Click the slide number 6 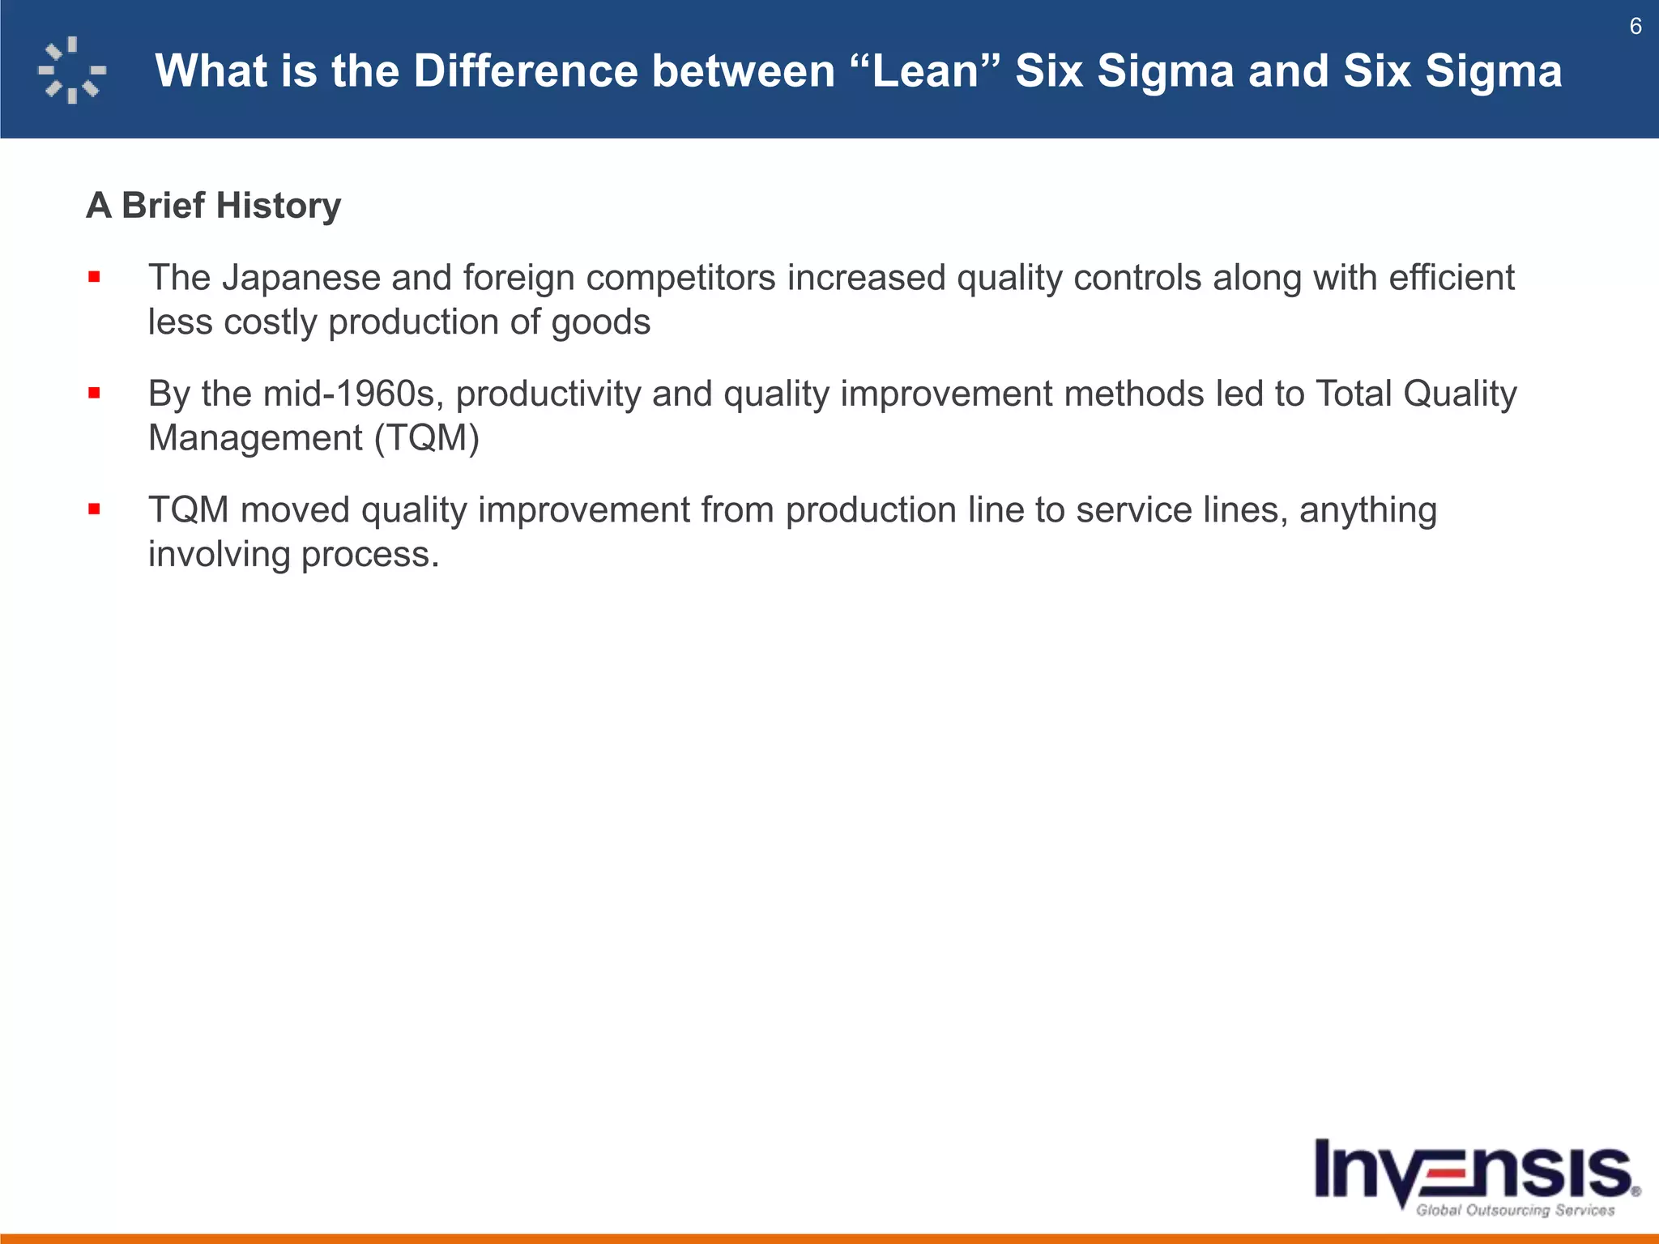[x=1635, y=27]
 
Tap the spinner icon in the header [x=71, y=70]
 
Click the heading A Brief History [x=213, y=206]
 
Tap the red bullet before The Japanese [x=95, y=278]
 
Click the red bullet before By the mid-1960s [x=95, y=394]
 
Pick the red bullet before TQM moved [x=95, y=509]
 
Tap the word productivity [x=548, y=394]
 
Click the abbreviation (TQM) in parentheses [x=427, y=438]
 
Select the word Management [x=255, y=438]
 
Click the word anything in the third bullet [x=1367, y=510]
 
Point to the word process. [x=369, y=555]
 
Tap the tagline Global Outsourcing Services [x=1515, y=1210]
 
